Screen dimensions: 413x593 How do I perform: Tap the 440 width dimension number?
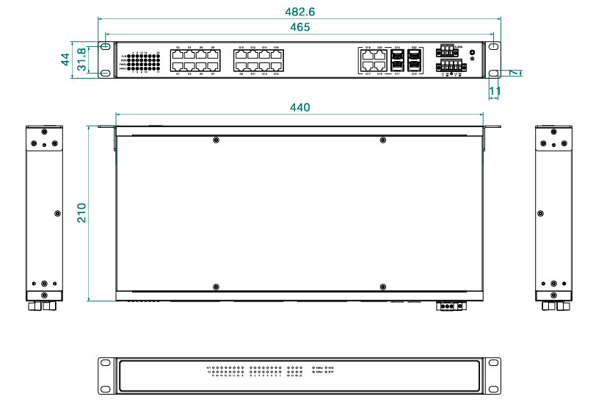[x=299, y=107]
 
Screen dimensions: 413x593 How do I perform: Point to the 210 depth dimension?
[x=81, y=213]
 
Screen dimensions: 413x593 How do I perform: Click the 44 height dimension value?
[x=65, y=58]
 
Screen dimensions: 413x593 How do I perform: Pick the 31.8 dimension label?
[x=81, y=59]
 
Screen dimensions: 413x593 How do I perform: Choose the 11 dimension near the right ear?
[x=495, y=91]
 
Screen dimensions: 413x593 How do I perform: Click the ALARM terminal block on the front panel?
[x=447, y=51]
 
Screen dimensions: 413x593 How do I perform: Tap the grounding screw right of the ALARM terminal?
[x=471, y=53]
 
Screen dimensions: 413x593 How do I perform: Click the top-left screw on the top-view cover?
[x=215, y=140]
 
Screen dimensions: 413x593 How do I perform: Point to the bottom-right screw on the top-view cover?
[x=382, y=286]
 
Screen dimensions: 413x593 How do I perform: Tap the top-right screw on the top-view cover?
[x=382, y=140]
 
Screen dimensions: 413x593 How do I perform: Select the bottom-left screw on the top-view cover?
[x=215, y=286]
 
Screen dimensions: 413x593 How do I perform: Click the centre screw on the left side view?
[x=58, y=213]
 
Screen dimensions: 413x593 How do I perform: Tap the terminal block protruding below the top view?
[x=450, y=306]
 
